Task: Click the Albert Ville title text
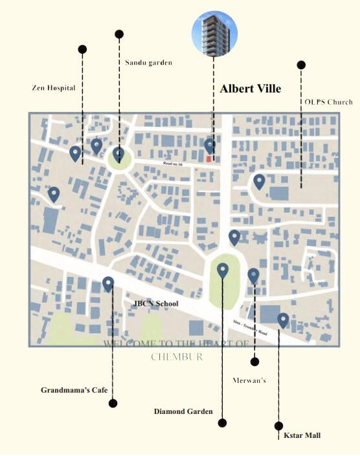[250, 89]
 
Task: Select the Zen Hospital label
[54, 87]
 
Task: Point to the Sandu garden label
[148, 63]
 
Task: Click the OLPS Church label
[329, 102]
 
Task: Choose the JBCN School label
[155, 303]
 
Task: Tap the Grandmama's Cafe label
[74, 390]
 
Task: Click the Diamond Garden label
[183, 411]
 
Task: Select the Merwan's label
[249, 380]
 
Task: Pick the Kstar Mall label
[302, 435]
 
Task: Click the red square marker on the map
[208, 158]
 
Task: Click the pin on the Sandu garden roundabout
[118, 154]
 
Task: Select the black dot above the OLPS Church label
[301, 65]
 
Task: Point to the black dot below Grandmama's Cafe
[113, 404]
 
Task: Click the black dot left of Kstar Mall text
[279, 426]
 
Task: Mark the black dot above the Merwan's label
[254, 362]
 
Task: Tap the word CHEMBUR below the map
[177, 356]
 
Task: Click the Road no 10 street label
[172, 165]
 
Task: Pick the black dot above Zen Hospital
[82, 49]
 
